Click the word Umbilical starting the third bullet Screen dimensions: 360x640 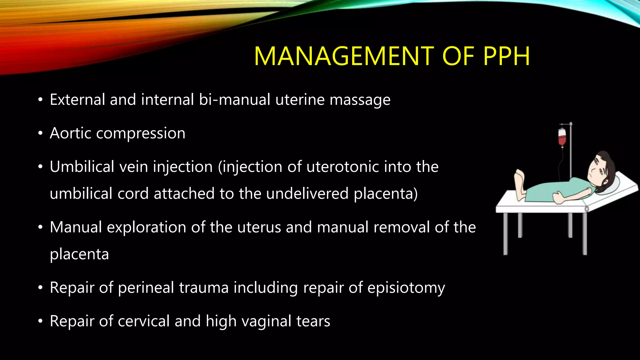[82, 167]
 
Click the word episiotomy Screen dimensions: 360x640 [406, 288]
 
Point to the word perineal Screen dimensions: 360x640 [146, 288]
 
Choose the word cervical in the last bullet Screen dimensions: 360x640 [143, 321]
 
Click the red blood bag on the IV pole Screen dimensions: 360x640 [562, 137]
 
